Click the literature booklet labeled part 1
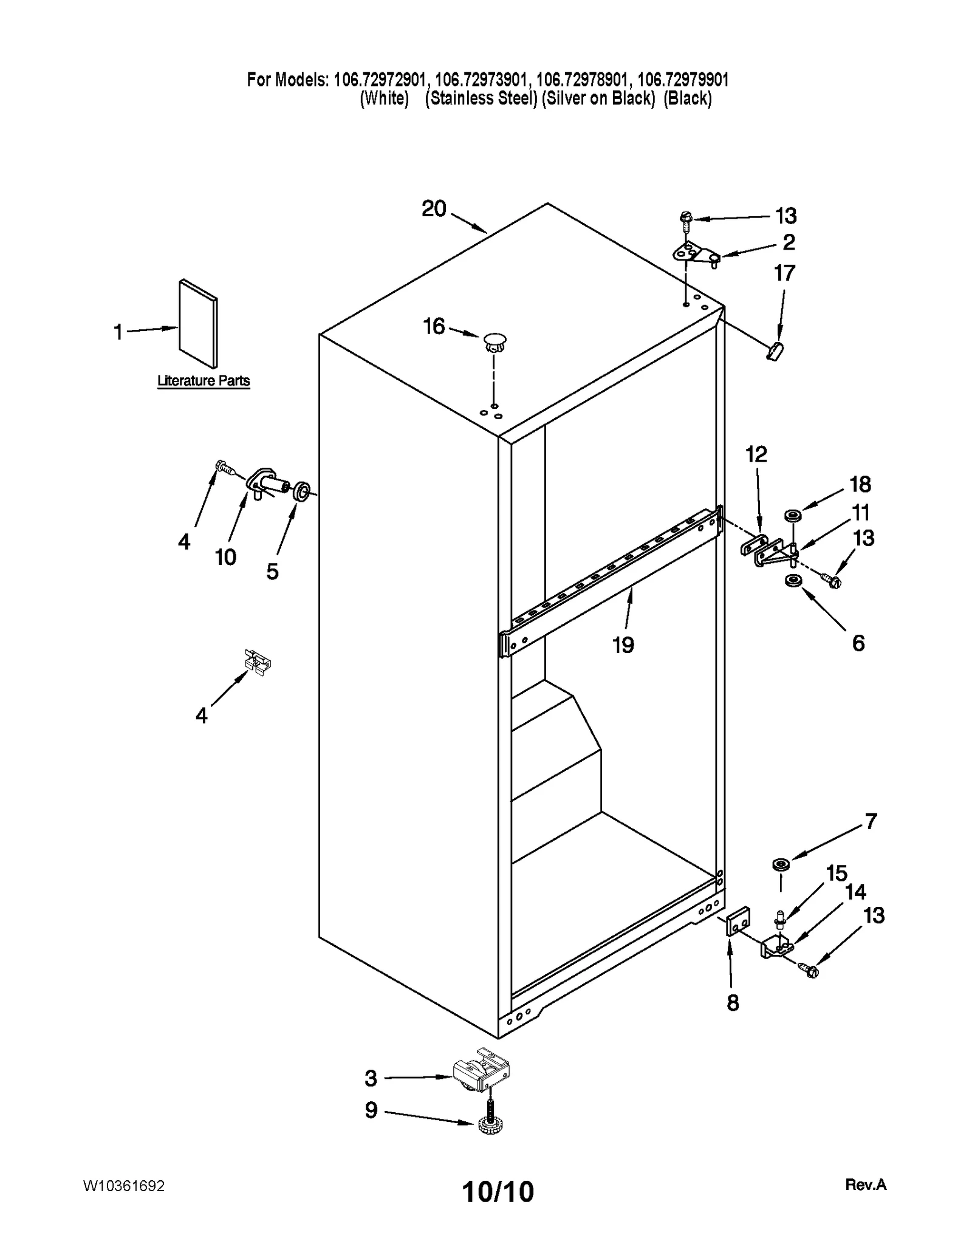(x=198, y=324)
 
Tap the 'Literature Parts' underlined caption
(x=204, y=381)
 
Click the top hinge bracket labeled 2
(x=696, y=253)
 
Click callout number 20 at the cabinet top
(x=434, y=209)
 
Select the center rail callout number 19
(x=623, y=644)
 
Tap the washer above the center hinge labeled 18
(x=792, y=516)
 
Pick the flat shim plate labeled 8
(x=738, y=925)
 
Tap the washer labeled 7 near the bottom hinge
(x=780, y=864)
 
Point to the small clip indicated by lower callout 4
(x=257, y=662)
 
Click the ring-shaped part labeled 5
(x=302, y=491)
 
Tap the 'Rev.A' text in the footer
(x=866, y=1185)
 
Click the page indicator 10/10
(x=498, y=1192)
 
